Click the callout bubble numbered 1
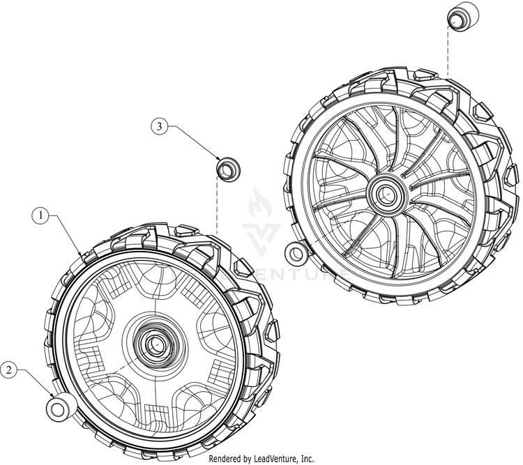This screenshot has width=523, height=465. pyautogui.click(x=41, y=215)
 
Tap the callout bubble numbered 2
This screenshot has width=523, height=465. pyautogui.click(x=8, y=369)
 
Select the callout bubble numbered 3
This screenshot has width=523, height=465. pyautogui.click(x=160, y=126)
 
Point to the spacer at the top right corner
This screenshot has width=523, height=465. pyautogui.click(x=463, y=16)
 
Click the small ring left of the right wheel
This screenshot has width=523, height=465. pyautogui.click(x=296, y=254)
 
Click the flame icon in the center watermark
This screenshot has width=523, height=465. pyautogui.click(x=260, y=202)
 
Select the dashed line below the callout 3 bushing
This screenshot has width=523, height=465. pyautogui.click(x=217, y=205)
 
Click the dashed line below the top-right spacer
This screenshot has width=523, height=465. pyautogui.click(x=448, y=52)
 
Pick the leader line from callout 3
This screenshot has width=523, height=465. pyautogui.click(x=194, y=143)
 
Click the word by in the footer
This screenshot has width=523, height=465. pyautogui.click(x=246, y=459)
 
